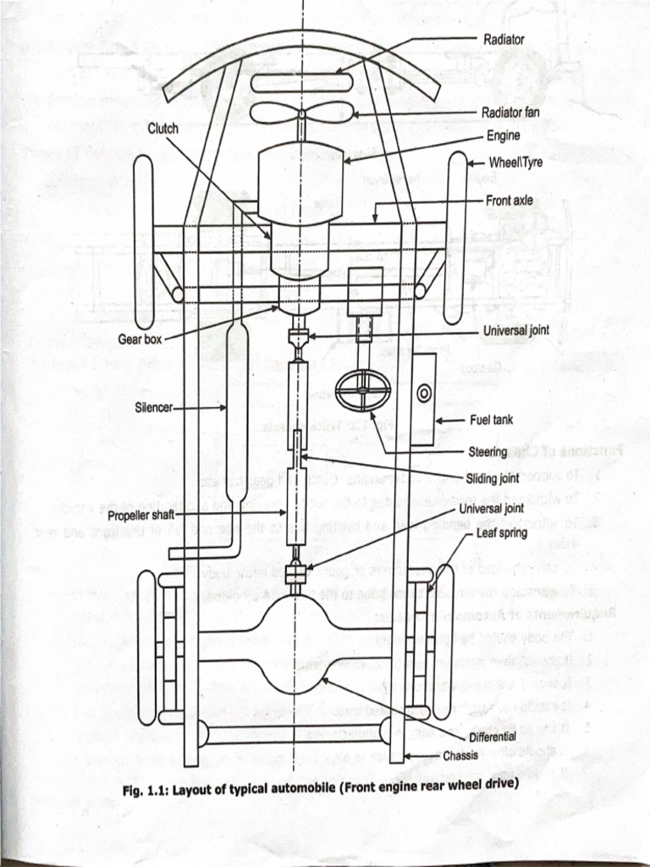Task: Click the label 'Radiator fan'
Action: tap(510, 113)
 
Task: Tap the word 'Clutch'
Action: tap(163, 129)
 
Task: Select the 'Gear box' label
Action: tap(140, 340)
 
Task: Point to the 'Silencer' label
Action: tap(153, 407)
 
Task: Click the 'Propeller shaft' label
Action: tap(140, 515)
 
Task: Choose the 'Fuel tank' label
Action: tap(491, 420)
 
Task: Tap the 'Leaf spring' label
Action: tap(501, 533)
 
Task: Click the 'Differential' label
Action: tap(492, 737)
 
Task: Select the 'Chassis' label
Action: tap(460, 755)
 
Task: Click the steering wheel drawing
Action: tap(363, 390)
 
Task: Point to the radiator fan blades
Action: tap(301, 113)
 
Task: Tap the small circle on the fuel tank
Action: tap(424, 393)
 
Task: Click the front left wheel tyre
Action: tap(144, 241)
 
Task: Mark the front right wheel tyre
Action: tap(456, 237)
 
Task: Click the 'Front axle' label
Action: tap(510, 202)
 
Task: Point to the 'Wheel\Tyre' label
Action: tap(515, 163)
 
